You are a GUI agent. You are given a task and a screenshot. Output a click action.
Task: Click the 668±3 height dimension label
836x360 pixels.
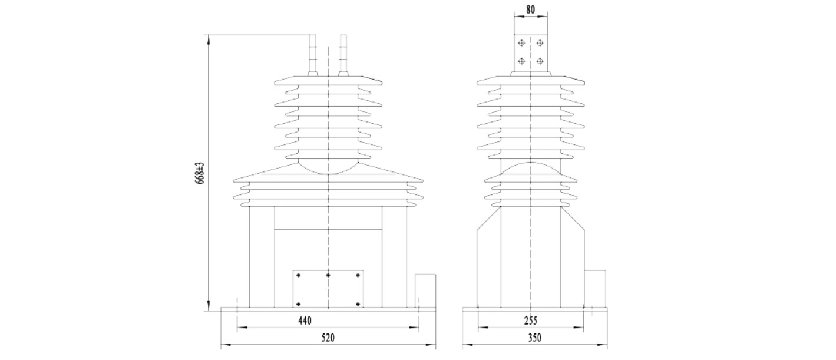[x=200, y=173]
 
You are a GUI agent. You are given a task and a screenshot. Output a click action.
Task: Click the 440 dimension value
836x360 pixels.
[x=305, y=321]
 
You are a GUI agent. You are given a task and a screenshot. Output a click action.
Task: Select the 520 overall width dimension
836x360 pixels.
[x=328, y=338]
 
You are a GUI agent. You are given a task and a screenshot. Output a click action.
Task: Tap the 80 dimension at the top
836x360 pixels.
[x=530, y=9]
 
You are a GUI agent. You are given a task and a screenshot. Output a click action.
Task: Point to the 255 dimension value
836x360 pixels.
[x=530, y=321]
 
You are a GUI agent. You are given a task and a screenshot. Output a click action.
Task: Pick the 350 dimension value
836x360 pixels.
[x=534, y=338]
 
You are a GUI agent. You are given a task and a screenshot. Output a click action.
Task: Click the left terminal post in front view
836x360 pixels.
[x=313, y=55]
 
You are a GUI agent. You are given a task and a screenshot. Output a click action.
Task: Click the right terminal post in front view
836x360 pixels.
[x=343, y=55]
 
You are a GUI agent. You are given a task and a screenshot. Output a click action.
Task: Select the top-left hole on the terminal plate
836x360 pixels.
[x=521, y=43]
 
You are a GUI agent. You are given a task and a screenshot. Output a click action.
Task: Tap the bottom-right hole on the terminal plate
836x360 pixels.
[x=540, y=61]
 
